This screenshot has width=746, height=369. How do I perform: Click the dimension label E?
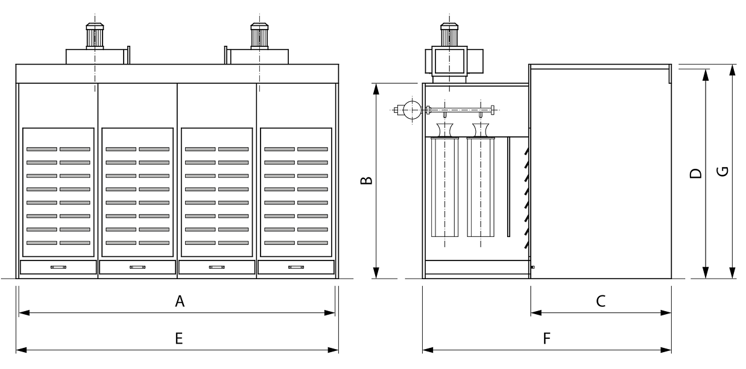(179, 339)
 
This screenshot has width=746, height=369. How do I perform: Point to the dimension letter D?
(696, 174)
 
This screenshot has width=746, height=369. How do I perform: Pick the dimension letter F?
(546, 339)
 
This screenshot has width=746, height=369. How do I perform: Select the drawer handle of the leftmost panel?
(58, 267)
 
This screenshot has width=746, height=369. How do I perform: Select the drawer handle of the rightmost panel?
(296, 267)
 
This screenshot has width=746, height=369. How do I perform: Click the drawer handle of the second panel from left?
(138, 267)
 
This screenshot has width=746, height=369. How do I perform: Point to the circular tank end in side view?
(412, 109)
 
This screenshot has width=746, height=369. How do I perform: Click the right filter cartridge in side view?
(481, 187)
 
